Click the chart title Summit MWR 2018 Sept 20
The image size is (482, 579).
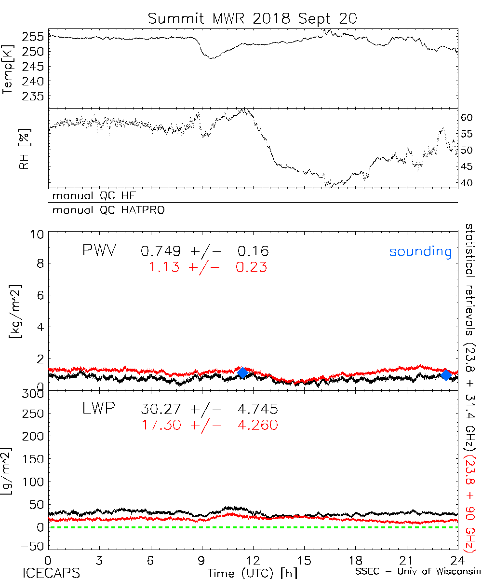click(x=253, y=18)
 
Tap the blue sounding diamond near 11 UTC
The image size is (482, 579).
click(x=242, y=372)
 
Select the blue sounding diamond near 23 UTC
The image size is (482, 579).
click(x=446, y=374)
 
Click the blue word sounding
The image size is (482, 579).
click(x=420, y=251)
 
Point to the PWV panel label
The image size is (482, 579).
click(x=99, y=251)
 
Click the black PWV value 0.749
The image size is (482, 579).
click(x=161, y=251)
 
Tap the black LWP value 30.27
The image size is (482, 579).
click(x=161, y=410)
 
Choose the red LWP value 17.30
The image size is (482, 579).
click(x=161, y=425)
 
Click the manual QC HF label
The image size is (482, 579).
click(x=91, y=196)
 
